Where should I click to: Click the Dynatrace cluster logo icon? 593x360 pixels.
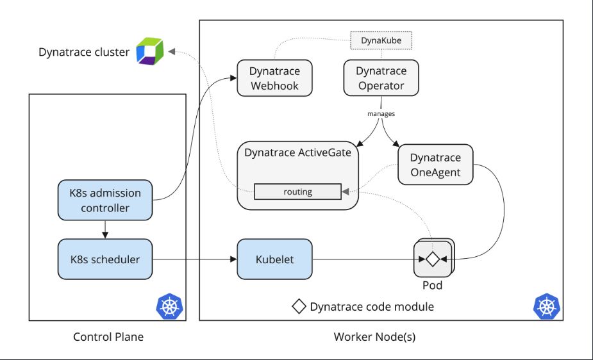(150, 51)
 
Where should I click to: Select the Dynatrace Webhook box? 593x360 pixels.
(274, 78)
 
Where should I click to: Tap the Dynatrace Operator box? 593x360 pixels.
(381, 78)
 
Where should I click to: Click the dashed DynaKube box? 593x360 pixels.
(381, 40)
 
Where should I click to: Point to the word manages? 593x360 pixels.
(381, 113)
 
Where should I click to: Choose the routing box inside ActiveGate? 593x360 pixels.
(297, 192)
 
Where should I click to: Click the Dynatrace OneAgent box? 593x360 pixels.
(435, 165)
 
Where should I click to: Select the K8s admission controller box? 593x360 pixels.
(105, 200)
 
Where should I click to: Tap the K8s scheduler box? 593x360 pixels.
(105, 259)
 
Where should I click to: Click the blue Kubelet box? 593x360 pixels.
(274, 259)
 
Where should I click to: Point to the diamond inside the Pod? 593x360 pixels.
(432, 259)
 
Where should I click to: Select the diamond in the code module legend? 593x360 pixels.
(299, 306)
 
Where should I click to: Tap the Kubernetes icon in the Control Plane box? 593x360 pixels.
(169, 306)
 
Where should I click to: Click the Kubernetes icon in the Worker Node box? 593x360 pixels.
(547, 306)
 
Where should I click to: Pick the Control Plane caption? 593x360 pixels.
(108, 337)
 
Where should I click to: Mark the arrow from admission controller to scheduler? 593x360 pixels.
(105, 229)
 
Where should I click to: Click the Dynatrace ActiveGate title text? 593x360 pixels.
(297, 152)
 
